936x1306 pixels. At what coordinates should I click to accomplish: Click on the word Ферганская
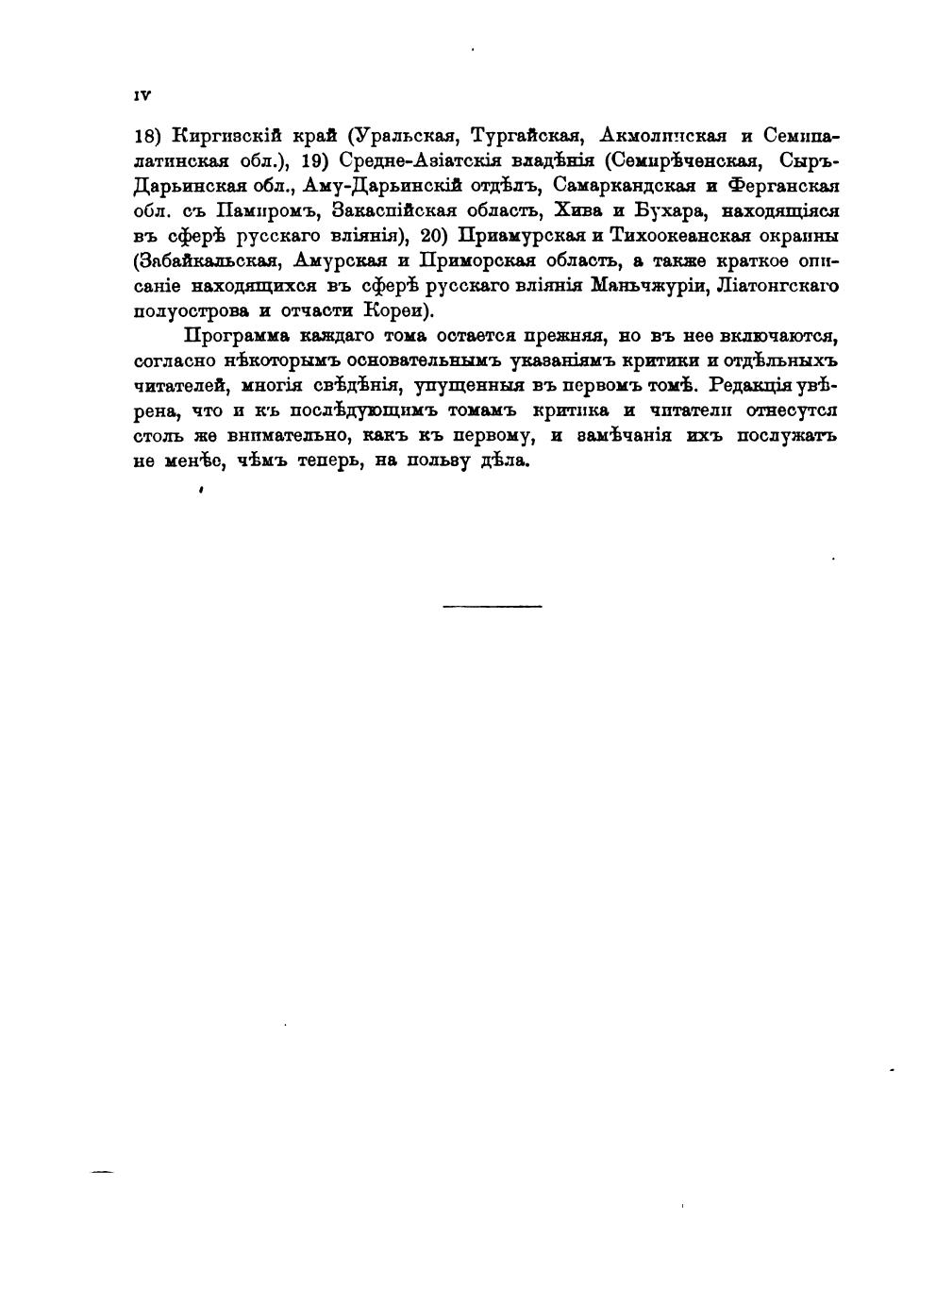(779, 183)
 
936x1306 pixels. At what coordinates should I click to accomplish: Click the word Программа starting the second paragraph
(236, 335)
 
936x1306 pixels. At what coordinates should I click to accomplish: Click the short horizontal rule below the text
(492, 605)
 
